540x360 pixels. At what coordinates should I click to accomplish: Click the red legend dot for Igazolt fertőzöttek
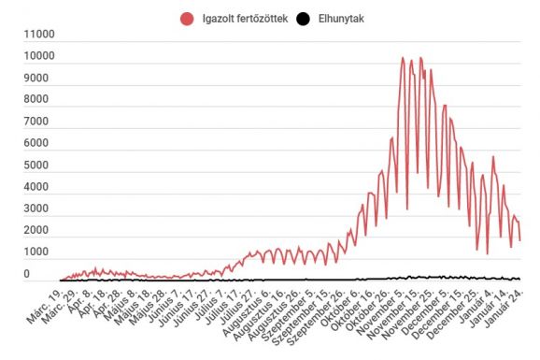[188, 18]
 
